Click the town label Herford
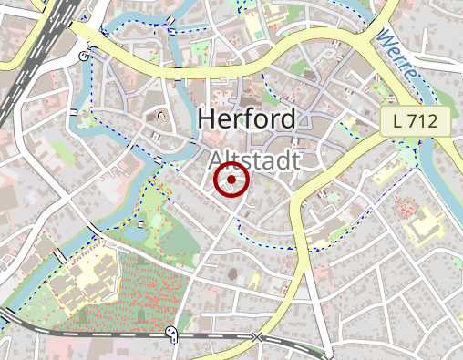246,119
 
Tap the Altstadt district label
254,160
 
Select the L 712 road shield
416,120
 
